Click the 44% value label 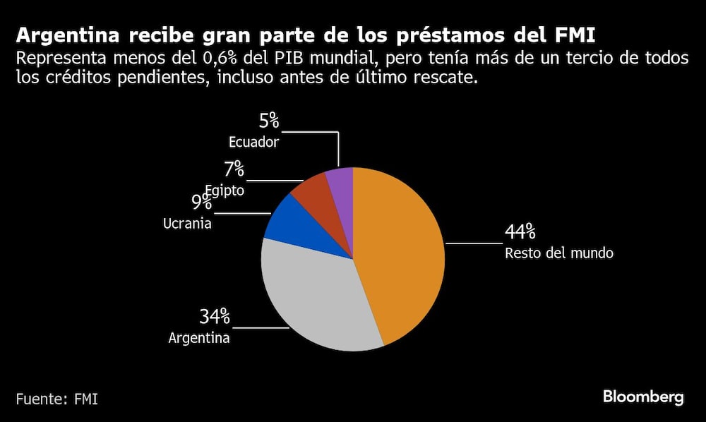pyautogui.click(x=520, y=232)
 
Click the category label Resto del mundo pyautogui.click(x=559, y=253)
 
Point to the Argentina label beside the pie pyautogui.click(x=199, y=338)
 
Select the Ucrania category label pyautogui.click(x=187, y=224)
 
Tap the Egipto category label pyautogui.click(x=225, y=190)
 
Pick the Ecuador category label pyautogui.click(x=253, y=142)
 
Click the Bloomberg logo pyautogui.click(x=643, y=397)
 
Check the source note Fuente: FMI pyautogui.click(x=57, y=399)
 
